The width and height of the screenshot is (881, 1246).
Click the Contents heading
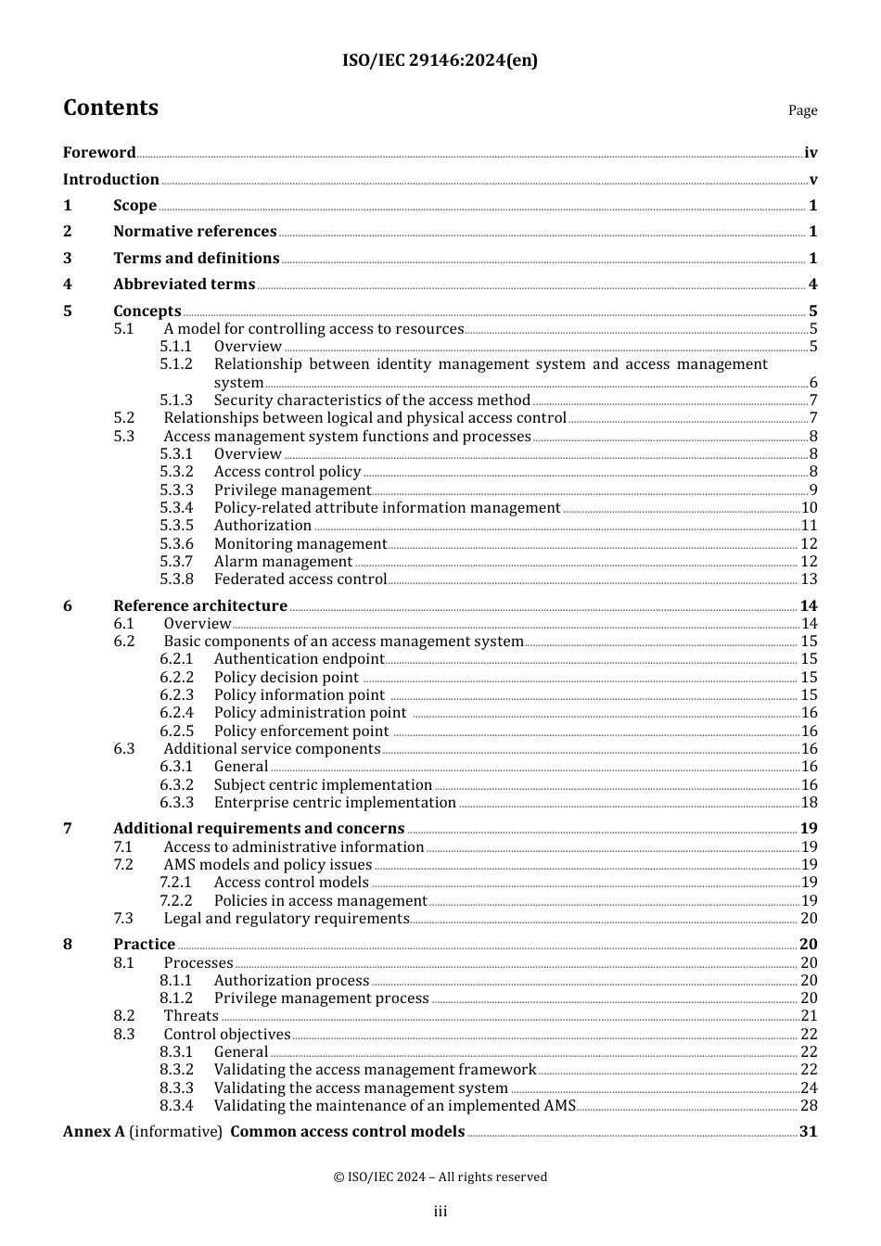click(x=110, y=108)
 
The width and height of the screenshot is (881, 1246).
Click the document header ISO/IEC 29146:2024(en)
click(x=440, y=60)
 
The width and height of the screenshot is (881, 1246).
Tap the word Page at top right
click(x=802, y=110)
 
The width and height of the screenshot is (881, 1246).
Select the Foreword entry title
click(x=99, y=152)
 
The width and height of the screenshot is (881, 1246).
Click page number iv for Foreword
click(x=811, y=153)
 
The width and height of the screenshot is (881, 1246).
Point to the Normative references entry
click(x=195, y=232)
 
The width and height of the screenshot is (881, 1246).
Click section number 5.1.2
click(x=176, y=364)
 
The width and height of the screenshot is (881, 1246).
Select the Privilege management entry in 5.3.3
click(x=292, y=489)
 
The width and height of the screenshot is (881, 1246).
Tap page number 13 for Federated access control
click(x=809, y=579)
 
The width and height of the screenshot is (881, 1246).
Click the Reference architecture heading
click(x=200, y=605)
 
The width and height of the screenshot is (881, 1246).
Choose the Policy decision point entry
click(x=286, y=678)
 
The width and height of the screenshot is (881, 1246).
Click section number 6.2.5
click(x=176, y=731)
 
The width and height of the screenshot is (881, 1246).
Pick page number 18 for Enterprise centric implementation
click(x=809, y=803)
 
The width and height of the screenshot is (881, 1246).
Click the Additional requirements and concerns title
click(x=259, y=829)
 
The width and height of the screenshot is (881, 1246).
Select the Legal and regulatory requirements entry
click(x=286, y=919)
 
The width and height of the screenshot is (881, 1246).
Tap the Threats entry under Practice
click(x=191, y=1016)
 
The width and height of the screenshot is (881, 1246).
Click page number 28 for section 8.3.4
click(x=809, y=1106)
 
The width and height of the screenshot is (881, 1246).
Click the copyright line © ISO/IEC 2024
click(x=440, y=1177)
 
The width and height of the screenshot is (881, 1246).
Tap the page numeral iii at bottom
click(x=440, y=1212)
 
